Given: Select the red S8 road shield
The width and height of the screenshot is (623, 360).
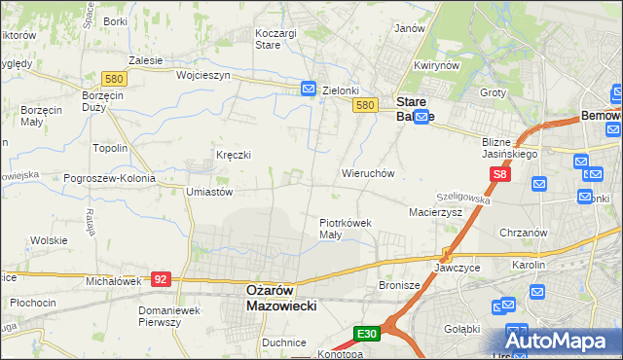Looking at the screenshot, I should (x=500, y=174).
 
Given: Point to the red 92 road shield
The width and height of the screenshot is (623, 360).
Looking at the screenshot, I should (x=162, y=279).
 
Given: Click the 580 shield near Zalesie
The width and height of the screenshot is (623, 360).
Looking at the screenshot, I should (x=113, y=78).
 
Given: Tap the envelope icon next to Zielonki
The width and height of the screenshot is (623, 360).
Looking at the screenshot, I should (x=309, y=89).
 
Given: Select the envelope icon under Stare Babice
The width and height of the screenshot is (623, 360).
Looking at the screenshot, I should (x=421, y=118).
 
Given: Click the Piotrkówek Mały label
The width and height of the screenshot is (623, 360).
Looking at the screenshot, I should (x=346, y=228).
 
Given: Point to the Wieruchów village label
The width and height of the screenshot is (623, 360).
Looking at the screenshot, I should (x=367, y=173).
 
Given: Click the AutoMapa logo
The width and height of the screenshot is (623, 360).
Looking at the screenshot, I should (x=562, y=340).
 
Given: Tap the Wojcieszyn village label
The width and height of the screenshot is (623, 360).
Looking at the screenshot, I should (x=202, y=74).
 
